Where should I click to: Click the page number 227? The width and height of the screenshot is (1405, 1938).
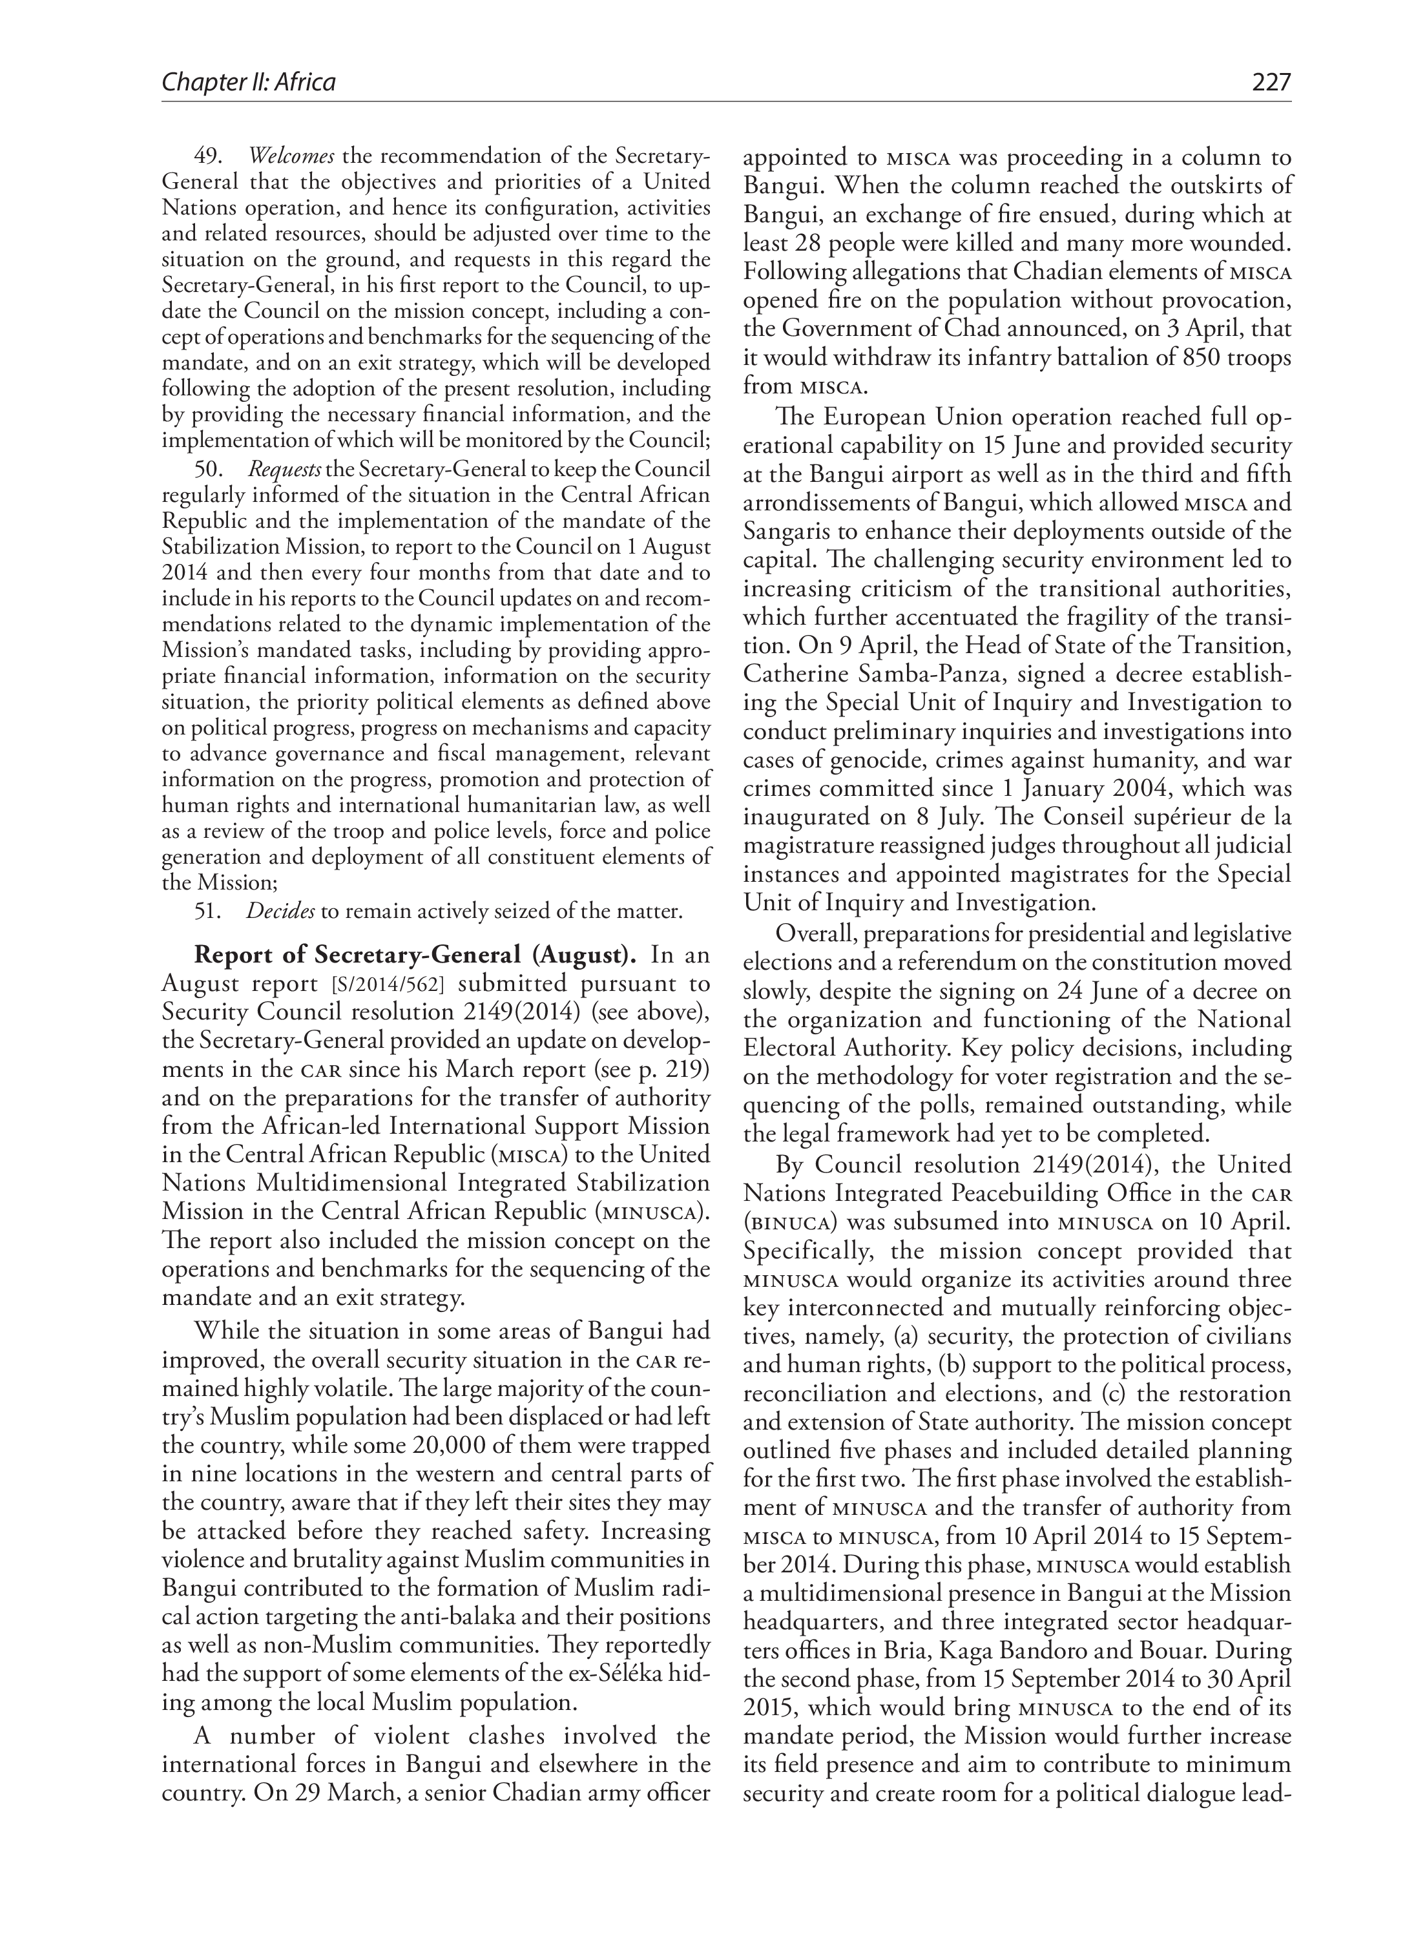[x=1271, y=83]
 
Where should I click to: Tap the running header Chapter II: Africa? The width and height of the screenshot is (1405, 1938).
[x=249, y=83]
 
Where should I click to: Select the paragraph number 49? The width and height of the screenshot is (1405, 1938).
[x=207, y=156]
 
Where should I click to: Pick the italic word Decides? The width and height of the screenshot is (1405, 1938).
[x=280, y=911]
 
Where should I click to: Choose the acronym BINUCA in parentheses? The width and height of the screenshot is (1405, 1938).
[x=789, y=1222]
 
